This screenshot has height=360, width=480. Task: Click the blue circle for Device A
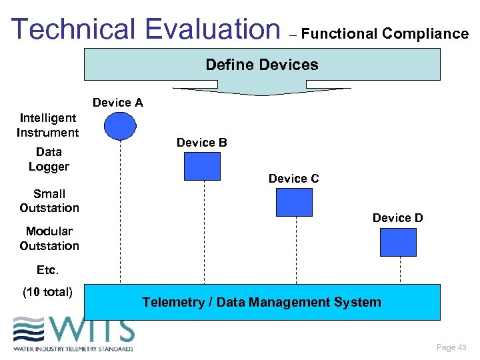coord(120,126)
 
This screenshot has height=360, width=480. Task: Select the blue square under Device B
coord(201,166)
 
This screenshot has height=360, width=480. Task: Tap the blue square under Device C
coord(294,202)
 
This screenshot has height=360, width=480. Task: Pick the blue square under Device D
coord(398,242)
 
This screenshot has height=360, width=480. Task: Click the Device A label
coord(118,103)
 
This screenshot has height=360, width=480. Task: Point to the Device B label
coord(202,143)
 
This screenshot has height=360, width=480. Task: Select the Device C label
coord(293,179)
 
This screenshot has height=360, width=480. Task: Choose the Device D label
coord(397,218)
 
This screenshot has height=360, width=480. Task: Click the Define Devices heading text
coord(262,65)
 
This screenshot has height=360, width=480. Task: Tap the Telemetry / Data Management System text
coord(261,303)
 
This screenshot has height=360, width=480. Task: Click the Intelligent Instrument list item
coord(48,125)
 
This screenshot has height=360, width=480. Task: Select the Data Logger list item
coord(49,159)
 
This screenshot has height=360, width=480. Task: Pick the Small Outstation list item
coord(49,201)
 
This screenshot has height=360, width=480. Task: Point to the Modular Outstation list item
coord(49,239)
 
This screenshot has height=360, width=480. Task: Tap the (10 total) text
coord(48,291)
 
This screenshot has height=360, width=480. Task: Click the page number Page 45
coord(451,347)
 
